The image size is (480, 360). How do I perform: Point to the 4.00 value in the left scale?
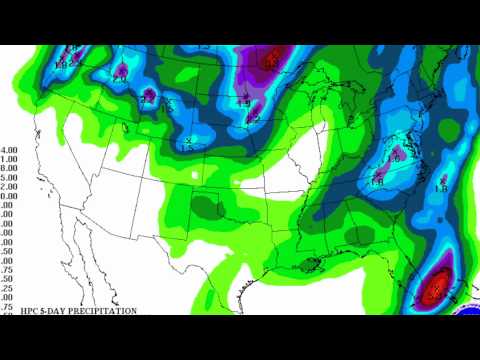(x=9, y=151)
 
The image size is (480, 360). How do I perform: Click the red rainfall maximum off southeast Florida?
(x=436, y=290)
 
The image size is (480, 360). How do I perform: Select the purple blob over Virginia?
(x=395, y=155)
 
